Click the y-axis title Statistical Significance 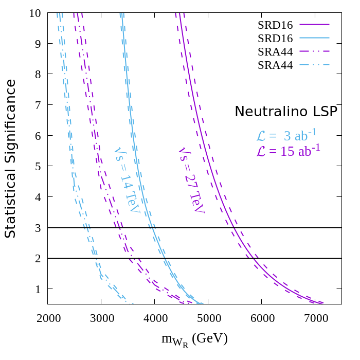(10, 158)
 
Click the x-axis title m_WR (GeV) (194, 339)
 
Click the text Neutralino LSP (286, 112)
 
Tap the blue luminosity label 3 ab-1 (286, 136)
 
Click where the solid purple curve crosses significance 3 (234, 227)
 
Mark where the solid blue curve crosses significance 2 (164, 258)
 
